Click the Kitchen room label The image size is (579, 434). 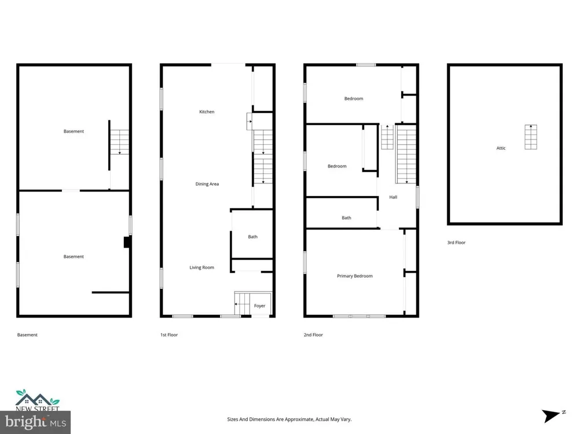click(207, 112)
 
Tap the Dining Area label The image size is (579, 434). click(207, 184)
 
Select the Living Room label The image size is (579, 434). click(201, 267)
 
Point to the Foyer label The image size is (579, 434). click(259, 306)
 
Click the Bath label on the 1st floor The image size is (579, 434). click(252, 237)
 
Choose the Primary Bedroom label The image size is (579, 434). click(354, 276)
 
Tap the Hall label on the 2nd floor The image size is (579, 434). click(393, 197)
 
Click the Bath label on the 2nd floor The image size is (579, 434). click(346, 218)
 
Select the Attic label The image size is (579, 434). click(501, 148)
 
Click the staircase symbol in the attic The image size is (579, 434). click(531, 137)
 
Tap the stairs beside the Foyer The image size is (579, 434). click(242, 304)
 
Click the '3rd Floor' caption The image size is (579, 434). click(456, 242)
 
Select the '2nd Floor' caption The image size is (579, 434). click(313, 334)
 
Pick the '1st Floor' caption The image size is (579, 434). click(169, 334)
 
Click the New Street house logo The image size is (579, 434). click(37, 400)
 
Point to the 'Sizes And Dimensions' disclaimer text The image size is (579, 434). click(289, 419)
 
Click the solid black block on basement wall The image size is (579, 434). click(127, 242)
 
